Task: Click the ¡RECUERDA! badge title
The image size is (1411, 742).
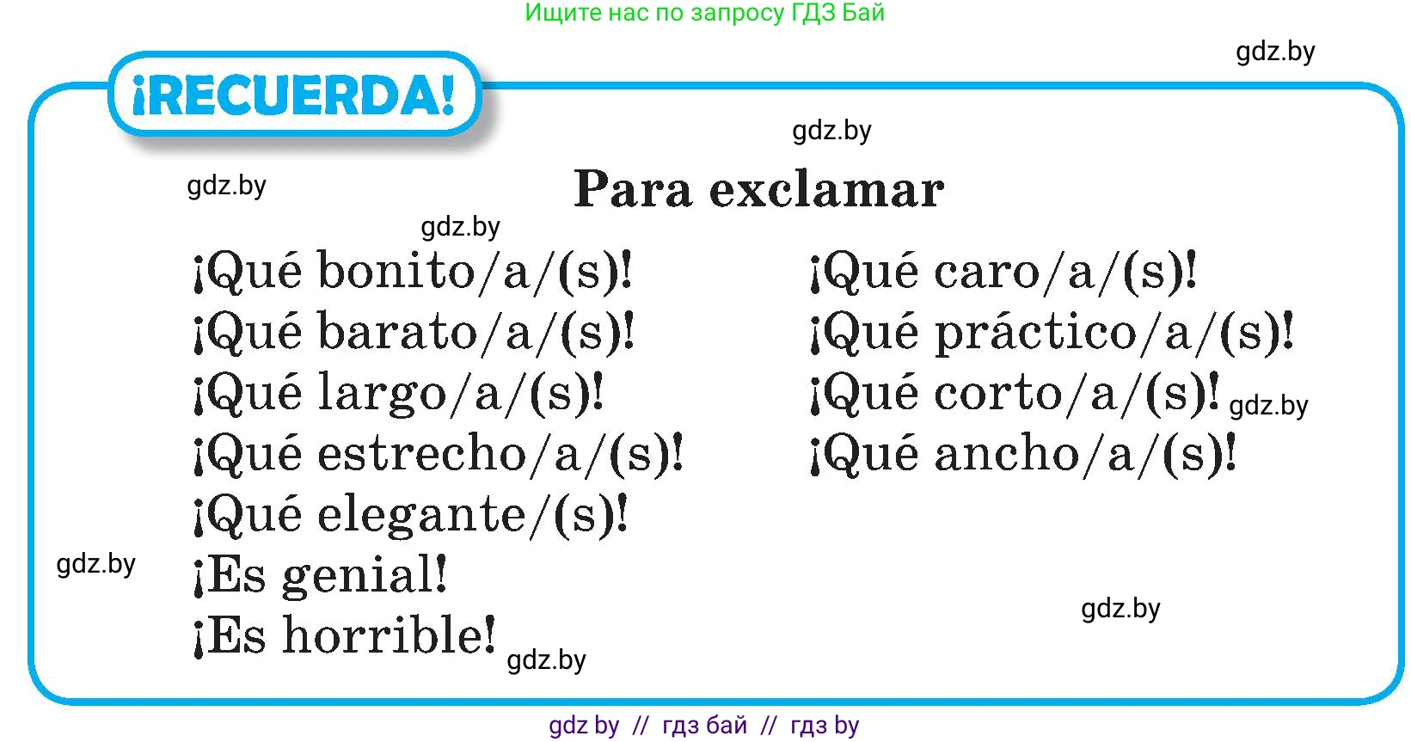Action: pyautogui.click(x=294, y=95)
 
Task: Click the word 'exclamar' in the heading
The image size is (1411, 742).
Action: pyautogui.click(x=826, y=189)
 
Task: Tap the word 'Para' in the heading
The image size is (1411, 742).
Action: pyautogui.click(x=633, y=189)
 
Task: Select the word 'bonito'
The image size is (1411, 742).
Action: pyautogui.click(x=396, y=271)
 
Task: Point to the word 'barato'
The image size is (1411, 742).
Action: pyautogui.click(x=397, y=331)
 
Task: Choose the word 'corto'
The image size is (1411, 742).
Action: pyautogui.click(x=997, y=393)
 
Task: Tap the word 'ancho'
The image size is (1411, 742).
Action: pyautogui.click(x=1007, y=453)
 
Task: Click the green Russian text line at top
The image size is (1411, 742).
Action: pyautogui.click(x=705, y=13)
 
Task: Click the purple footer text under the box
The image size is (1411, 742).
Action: pyautogui.click(x=703, y=726)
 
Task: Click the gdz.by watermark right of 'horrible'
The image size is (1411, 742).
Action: pyautogui.click(x=546, y=660)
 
